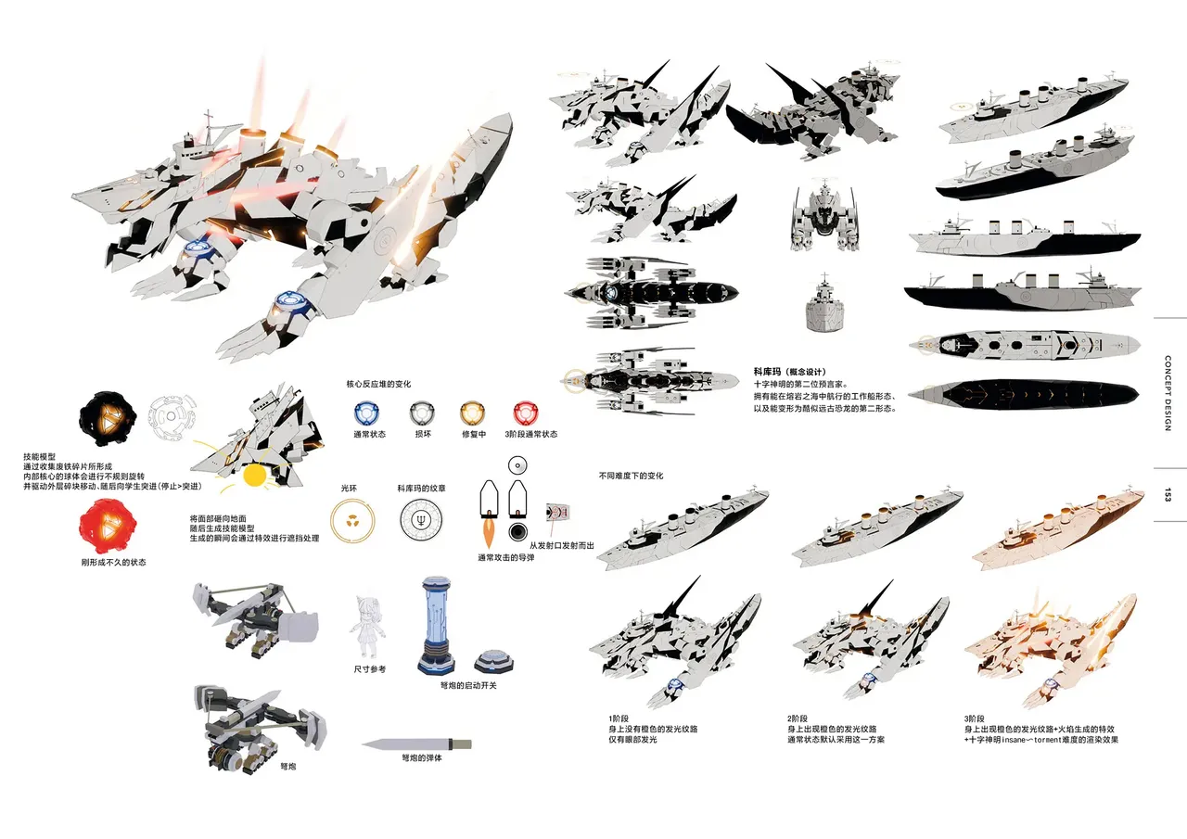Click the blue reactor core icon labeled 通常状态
tap(366, 413)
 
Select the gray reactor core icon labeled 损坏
tap(422, 413)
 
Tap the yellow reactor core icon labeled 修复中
tap(472, 413)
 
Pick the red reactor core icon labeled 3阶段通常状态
tap(526, 413)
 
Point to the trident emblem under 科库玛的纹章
tap(422, 521)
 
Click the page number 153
tap(1168, 495)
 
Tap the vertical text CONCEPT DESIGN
tap(1168, 392)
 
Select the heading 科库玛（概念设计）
tap(790, 372)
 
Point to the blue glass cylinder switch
tap(436, 626)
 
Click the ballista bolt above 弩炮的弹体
tap(416, 744)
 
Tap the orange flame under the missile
tap(488, 533)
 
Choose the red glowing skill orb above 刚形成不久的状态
tap(108, 526)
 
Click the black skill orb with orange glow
tap(108, 419)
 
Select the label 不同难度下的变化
tap(631, 476)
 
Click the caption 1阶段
tap(619, 718)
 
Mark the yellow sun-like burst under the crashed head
tap(254, 476)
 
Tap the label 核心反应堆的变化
tap(378, 384)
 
